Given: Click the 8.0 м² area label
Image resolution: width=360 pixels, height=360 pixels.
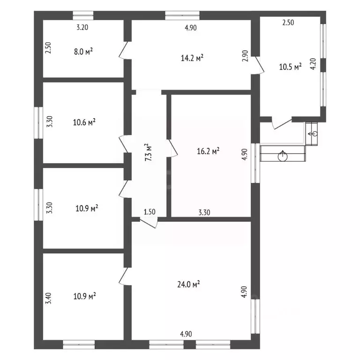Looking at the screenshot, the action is coord(83,52).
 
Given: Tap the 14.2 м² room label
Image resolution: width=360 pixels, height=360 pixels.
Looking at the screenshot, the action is coord(192,58).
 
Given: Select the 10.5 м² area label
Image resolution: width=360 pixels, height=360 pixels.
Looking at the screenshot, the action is coord(290,67).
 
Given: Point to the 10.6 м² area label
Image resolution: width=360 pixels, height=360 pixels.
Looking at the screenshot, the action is coord(84,122).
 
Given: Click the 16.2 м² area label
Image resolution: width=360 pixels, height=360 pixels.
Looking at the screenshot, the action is coord(208,151).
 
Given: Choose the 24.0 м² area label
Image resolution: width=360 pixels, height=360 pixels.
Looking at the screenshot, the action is coord(188,284).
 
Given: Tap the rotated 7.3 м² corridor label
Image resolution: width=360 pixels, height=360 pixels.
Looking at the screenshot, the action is coord(149,152).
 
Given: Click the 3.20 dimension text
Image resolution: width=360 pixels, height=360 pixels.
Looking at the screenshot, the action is coord(82,27).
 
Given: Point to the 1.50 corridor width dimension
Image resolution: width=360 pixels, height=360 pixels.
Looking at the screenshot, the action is coord(150,212).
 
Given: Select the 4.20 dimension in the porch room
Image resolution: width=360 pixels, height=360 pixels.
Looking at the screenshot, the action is coord(313,64).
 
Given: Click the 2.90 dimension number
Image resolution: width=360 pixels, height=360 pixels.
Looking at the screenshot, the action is coord(245,56).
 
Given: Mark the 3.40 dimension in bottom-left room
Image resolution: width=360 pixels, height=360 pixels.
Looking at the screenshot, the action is coord(48,298).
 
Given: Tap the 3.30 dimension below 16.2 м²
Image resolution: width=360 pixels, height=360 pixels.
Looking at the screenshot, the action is coord(204,212).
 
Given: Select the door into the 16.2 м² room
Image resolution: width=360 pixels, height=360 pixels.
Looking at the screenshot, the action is coord(172,148).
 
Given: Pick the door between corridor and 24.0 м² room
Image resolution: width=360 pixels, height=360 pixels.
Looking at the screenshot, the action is coord(149,223).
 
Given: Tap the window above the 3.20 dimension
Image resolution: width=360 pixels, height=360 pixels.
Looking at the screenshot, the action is coord(83,15).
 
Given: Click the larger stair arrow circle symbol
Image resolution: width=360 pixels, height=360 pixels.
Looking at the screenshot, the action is coord(282,157).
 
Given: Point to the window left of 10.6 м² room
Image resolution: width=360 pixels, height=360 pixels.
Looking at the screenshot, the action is coord(38,123).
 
